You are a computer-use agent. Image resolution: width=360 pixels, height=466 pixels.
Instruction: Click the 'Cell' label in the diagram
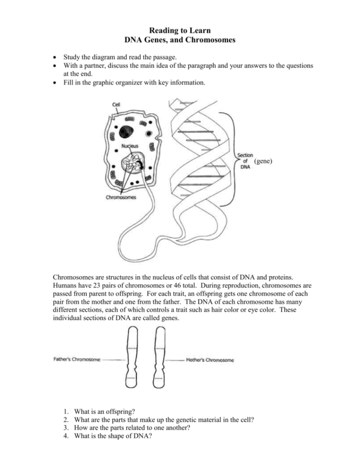coord(117,104)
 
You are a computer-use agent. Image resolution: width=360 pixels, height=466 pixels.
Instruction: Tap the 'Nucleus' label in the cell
coord(130,146)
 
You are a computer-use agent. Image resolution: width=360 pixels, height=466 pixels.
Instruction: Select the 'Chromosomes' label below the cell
coord(121,197)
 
